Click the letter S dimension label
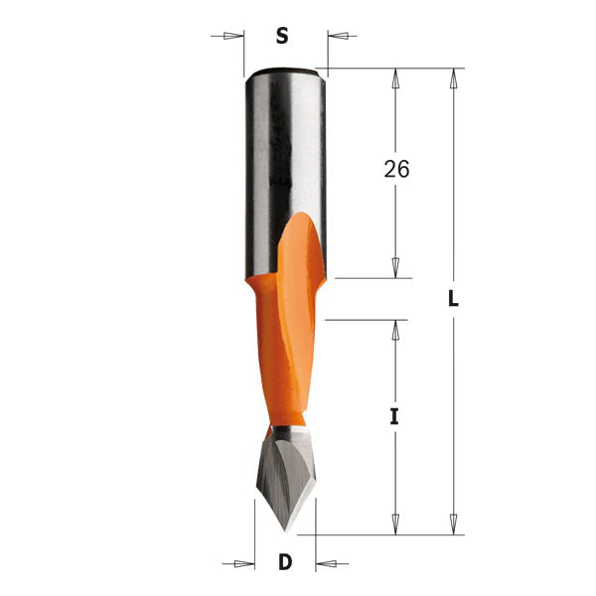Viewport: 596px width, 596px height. tap(282, 36)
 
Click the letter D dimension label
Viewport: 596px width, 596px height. tap(285, 562)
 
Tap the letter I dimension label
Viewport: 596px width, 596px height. tap(394, 416)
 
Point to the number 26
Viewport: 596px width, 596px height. tap(396, 169)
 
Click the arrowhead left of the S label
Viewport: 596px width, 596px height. tap(233, 36)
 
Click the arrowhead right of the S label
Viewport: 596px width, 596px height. tap(338, 36)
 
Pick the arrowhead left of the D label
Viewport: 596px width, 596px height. tap(244, 563)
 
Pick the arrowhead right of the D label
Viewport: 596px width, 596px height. tap(326, 563)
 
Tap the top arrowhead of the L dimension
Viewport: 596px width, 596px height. tap(453, 78)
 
